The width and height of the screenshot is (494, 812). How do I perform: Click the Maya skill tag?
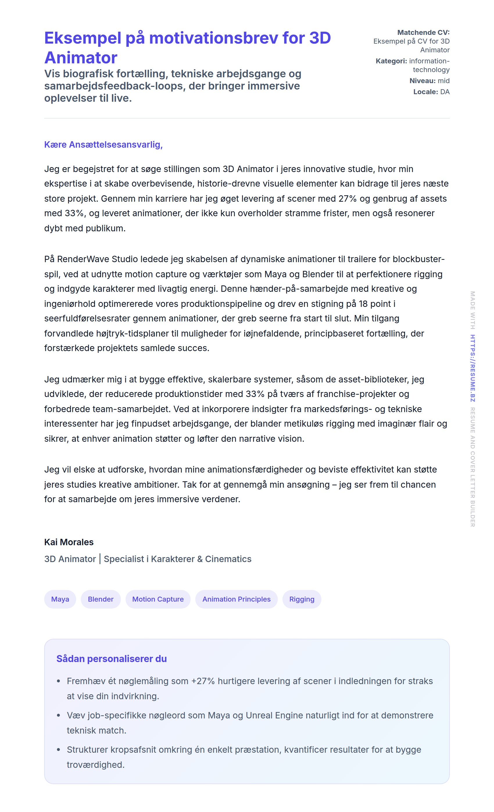click(60, 599)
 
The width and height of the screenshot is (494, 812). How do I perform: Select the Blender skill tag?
click(101, 599)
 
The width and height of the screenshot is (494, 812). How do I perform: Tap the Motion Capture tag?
click(158, 599)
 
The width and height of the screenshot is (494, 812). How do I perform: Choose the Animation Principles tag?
click(236, 599)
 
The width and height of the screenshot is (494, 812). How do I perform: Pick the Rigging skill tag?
click(302, 599)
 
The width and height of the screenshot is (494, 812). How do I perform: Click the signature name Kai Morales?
click(69, 542)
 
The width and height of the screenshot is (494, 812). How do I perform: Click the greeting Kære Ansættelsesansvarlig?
click(103, 145)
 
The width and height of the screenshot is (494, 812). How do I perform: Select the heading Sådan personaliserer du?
click(111, 659)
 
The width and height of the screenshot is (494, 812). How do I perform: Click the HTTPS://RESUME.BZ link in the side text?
click(472, 368)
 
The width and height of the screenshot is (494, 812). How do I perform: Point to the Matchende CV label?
click(423, 33)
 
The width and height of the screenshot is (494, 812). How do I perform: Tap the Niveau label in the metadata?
click(422, 81)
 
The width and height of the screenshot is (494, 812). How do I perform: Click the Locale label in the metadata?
click(425, 92)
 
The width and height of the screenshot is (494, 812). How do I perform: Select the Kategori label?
click(391, 61)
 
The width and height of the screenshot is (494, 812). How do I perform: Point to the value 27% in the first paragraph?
click(348, 199)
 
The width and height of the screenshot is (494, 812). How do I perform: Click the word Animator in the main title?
click(81, 58)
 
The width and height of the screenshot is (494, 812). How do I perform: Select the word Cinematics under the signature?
click(228, 559)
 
